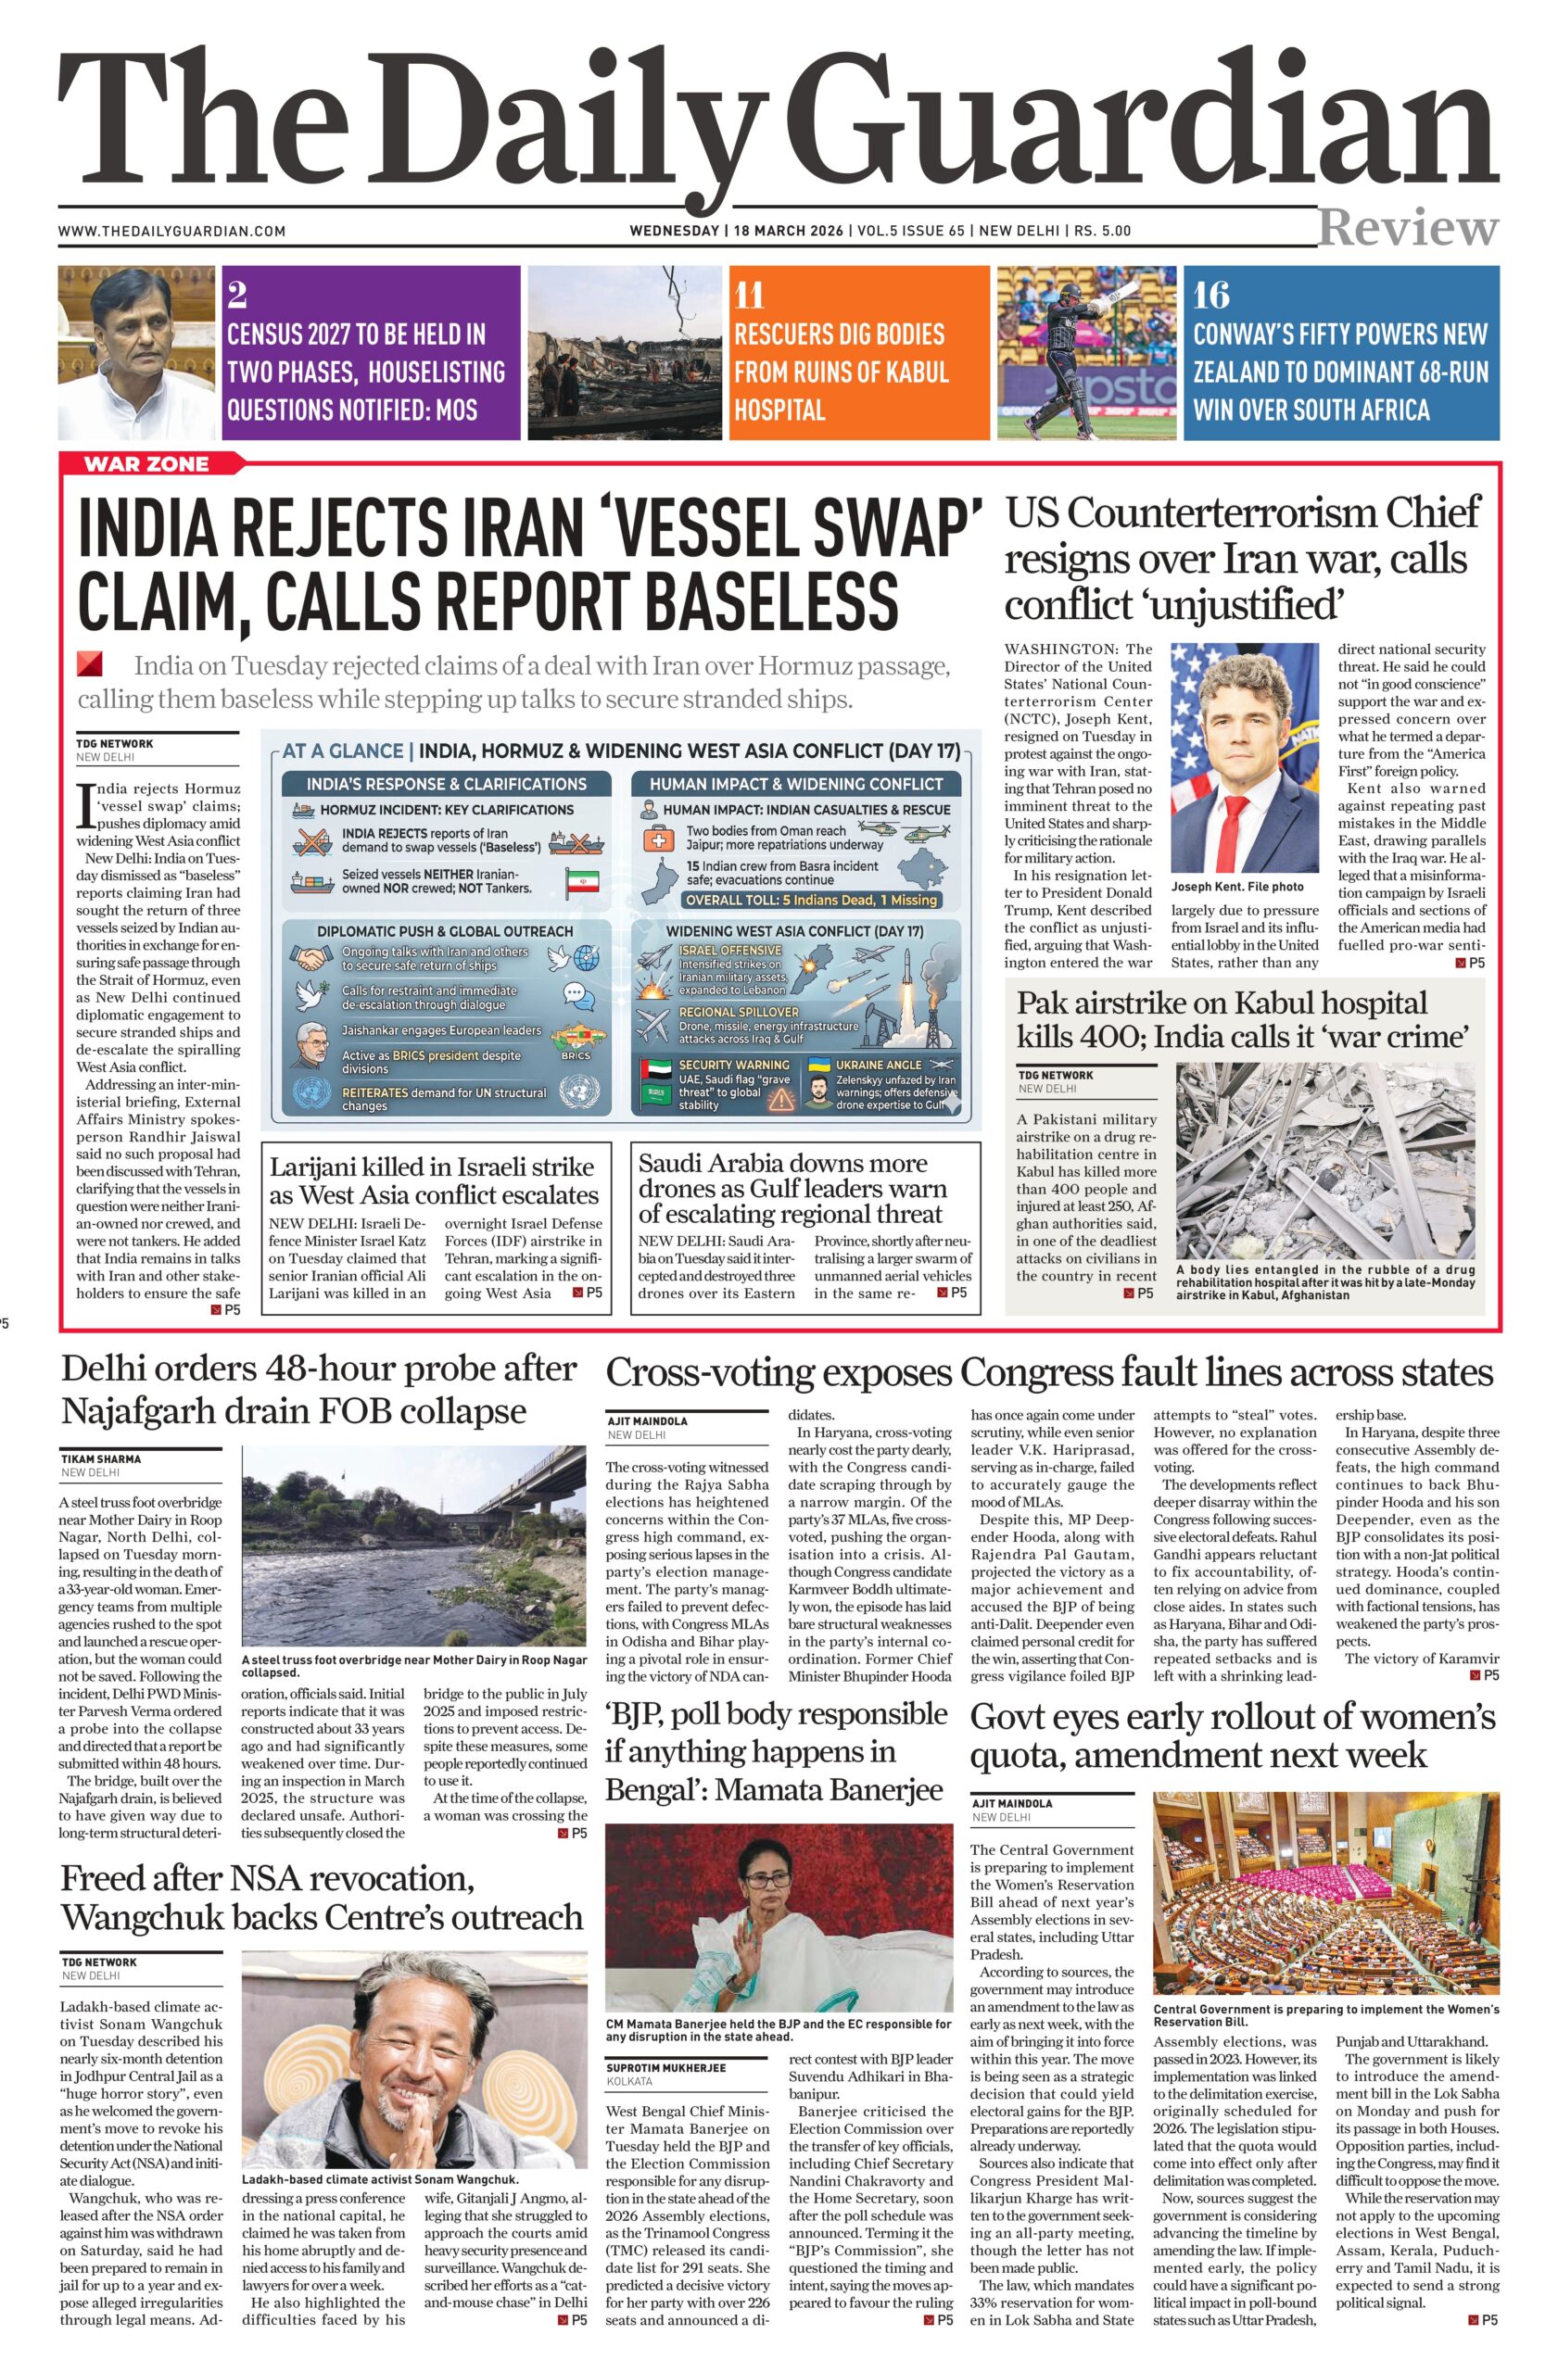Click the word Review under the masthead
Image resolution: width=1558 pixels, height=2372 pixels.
pyautogui.click(x=1408, y=228)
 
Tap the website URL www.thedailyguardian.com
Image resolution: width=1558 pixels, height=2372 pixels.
pyautogui.click(x=172, y=232)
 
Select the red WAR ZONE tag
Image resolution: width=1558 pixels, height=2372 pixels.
pyautogui.click(x=146, y=463)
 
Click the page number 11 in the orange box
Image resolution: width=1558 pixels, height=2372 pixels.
pyautogui.click(x=750, y=296)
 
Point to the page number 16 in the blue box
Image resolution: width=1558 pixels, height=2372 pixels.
pyautogui.click(x=1211, y=296)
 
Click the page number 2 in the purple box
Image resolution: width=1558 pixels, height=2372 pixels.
pyautogui.click(x=237, y=296)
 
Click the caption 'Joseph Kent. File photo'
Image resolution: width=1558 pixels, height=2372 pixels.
pyautogui.click(x=1237, y=886)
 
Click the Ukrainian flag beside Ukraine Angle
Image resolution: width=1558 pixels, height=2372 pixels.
pyautogui.click(x=819, y=1066)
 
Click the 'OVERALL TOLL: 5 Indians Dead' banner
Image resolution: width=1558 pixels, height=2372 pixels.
pyautogui.click(x=809, y=900)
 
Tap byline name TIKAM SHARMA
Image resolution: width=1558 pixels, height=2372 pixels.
pyautogui.click(x=101, y=1458)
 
